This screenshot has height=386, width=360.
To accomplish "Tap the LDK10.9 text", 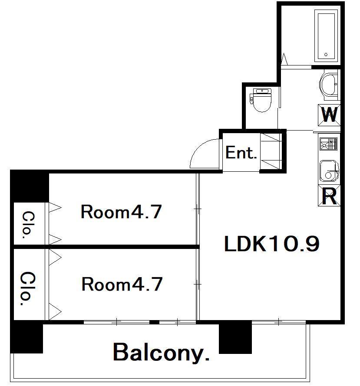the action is (x=272, y=244).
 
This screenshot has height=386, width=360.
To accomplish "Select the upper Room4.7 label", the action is (x=121, y=212).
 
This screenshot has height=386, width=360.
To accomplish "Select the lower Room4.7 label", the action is (x=122, y=284).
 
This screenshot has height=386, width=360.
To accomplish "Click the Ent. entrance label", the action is (x=241, y=153).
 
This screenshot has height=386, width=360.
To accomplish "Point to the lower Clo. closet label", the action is (x=27, y=288).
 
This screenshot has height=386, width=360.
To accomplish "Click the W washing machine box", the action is (x=329, y=115).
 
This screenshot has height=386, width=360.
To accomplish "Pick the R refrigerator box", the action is (x=329, y=196).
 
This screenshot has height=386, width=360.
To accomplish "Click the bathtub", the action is (x=326, y=36).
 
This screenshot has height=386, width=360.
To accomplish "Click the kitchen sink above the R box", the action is (x=329, y=170).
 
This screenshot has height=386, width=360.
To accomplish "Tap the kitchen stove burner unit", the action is (x=328, y=144).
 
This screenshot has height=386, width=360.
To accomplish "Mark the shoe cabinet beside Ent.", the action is (x=271, y=151).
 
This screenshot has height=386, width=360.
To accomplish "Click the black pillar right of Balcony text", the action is (x=235, y=337).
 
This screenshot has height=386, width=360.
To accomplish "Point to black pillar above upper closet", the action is (x=30, y=186).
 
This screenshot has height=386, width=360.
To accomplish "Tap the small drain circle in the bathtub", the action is (x=326, y=55).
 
